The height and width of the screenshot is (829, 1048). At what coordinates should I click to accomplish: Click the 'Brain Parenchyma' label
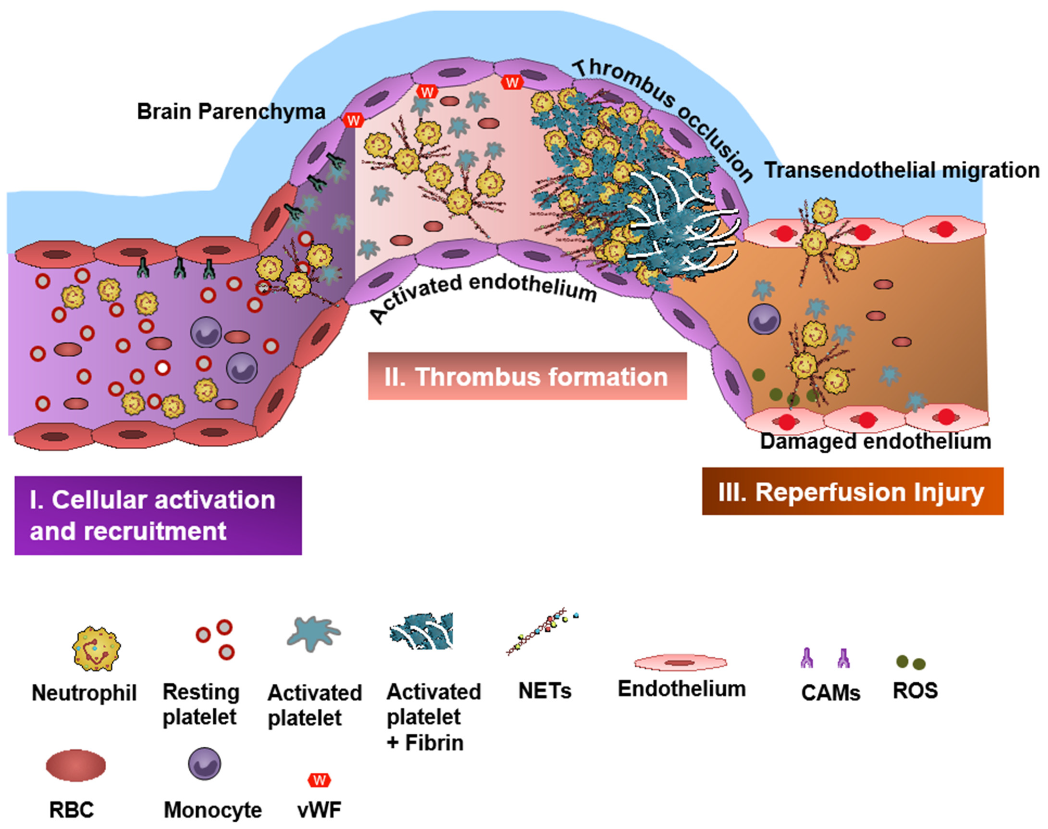(x=231, y=112)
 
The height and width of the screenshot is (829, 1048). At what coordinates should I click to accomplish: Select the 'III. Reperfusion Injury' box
(x=852, y=492)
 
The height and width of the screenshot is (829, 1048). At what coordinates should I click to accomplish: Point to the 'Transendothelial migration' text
(x=902, y=170)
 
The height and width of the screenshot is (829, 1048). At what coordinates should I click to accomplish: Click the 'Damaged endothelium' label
(x=875, y=441)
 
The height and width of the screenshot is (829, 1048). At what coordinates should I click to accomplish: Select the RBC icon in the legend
(x=75, y=765)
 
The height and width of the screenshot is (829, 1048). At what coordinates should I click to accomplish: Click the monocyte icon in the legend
(x=204, y=763)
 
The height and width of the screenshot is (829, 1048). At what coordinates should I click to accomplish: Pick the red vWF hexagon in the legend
(x=319, y=780)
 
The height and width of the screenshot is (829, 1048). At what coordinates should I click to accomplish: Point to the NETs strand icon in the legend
(x=541, y=632)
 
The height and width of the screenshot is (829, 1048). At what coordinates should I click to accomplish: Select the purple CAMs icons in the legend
(x=825, y=659)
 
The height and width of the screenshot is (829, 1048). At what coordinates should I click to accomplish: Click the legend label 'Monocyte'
(x=213, y=809)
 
